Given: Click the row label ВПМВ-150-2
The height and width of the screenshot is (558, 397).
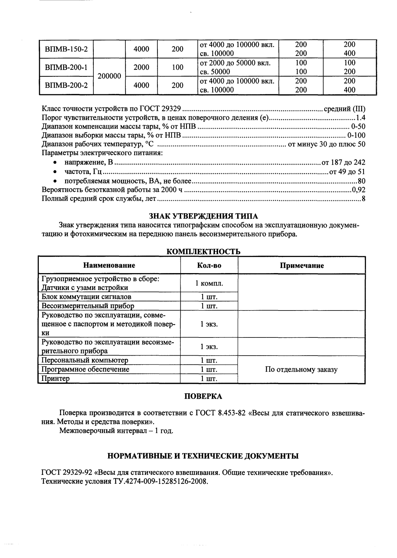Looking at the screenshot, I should tap(66, 49).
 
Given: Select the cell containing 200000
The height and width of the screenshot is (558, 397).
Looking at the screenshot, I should tap(109, 76).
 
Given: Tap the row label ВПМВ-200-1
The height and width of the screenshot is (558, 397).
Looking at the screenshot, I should tap(66, 67).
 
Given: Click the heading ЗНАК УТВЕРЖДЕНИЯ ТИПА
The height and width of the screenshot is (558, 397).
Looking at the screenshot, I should tap(203, 216).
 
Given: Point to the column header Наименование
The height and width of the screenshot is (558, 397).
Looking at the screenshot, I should tap(109, 265).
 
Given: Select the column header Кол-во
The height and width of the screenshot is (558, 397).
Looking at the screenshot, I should tap(209, 265).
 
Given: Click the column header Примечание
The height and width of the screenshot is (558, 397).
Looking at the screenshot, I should tap(302, 265).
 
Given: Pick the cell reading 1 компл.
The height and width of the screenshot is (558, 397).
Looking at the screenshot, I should tap(209, 283).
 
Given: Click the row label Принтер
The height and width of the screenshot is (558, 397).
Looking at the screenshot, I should tap(56, 379).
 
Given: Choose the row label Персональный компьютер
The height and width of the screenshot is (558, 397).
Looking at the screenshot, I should tap(85, 360).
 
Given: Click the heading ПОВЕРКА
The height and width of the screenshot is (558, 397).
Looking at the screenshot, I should tap(203, 396).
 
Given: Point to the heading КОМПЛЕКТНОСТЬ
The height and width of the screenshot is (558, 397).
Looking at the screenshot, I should tap(204, 252).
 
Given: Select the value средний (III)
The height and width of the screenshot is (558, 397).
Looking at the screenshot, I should tap(344, 109).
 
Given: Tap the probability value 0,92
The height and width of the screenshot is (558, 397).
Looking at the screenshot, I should tap(358, 190).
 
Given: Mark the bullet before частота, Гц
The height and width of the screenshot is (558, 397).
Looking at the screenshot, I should tap(55, 172).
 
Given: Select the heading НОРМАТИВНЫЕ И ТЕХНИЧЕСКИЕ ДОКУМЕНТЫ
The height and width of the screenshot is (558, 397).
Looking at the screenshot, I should tap(203, 456).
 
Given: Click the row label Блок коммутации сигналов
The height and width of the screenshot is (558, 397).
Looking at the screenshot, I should tap(86, 297).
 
